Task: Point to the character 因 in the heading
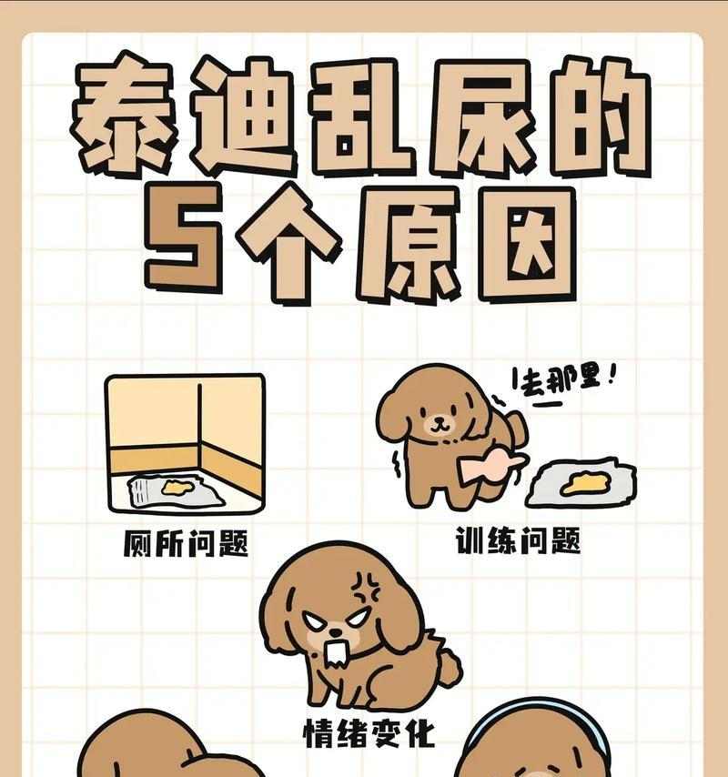click(529, 245)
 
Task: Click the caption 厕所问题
click(186, 543)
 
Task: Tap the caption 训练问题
click(518, 540)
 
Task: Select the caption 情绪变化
click(369, 733)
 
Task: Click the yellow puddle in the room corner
click(176, 488)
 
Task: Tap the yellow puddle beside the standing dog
click(585, 482)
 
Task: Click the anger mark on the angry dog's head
click(365, 588)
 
